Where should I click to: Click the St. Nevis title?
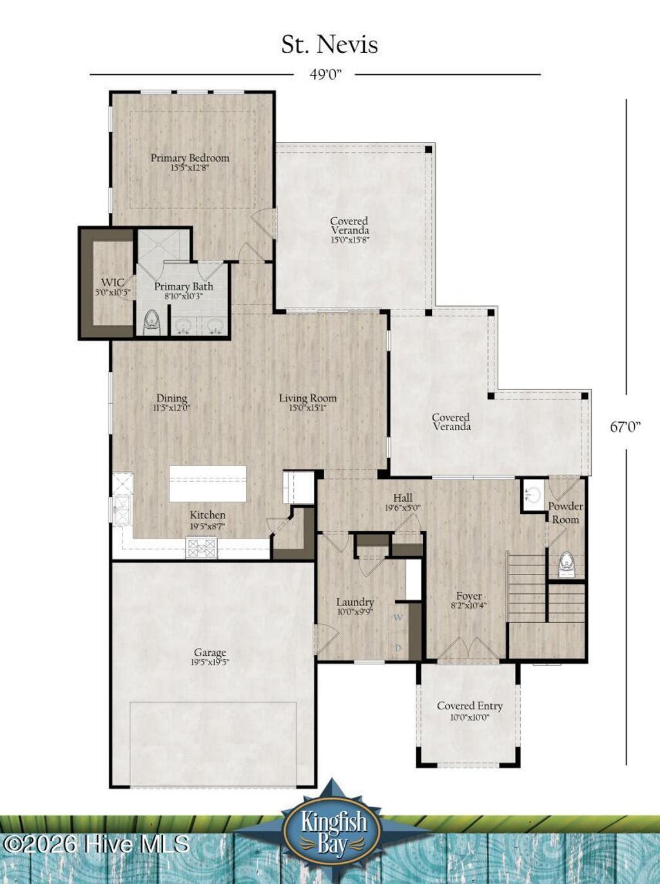coord(329,44)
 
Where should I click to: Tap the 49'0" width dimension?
coord(325,75)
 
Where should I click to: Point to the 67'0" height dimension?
coord(626,426)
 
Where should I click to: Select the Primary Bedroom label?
coord(189,161)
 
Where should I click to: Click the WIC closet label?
coord(112,286)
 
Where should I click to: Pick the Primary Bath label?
coord(184,290)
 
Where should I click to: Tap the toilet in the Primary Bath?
coord(151,321)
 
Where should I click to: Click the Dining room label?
coord(171,402)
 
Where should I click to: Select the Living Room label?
coord(307,402)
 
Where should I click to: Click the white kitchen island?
coord(208,484)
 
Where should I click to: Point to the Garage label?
coord(210,656)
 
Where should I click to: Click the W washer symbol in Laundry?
coord(398,618)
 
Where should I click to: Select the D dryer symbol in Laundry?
coord(398,647)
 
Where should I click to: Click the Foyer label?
coord(469,600)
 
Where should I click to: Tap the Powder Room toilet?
coord(566,562)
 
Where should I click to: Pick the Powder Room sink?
coord(533,495)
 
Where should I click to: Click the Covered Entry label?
coord(469,710)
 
